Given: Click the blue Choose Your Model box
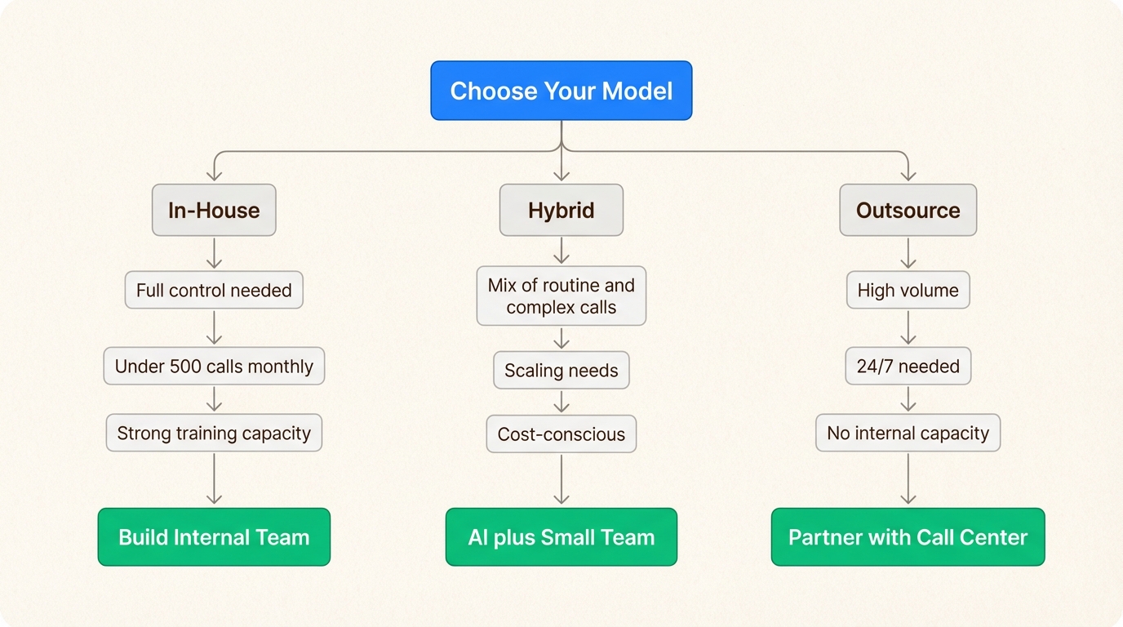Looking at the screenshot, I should click(561, 91).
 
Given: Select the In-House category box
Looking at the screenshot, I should click(214, 210).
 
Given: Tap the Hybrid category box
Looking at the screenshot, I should click(561, 210).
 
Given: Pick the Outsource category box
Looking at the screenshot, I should click(908, 210).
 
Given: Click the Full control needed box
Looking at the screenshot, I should click(214, 291).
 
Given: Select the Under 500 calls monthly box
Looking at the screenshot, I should click(214, 367).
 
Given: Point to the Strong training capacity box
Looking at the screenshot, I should click(214, 433).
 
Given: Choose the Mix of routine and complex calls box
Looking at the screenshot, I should click(561, 296).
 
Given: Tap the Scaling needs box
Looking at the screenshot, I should click(561, 371).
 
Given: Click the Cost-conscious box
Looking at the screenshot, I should click(561, 434).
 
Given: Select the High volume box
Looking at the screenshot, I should click(908, 291).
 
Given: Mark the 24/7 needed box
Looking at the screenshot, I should click(908, 367).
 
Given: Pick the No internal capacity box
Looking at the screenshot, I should click(908, 433).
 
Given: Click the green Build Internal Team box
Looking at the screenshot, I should click(214, 537).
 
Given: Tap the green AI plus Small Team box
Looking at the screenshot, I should click(561, 537).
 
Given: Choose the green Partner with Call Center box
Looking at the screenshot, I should click(908, 537).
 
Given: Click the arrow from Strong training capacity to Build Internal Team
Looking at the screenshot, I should click(214, 479).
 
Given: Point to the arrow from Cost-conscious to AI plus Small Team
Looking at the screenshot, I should click(561, 479).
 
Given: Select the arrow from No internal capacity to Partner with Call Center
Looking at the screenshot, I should click(908, 479).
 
